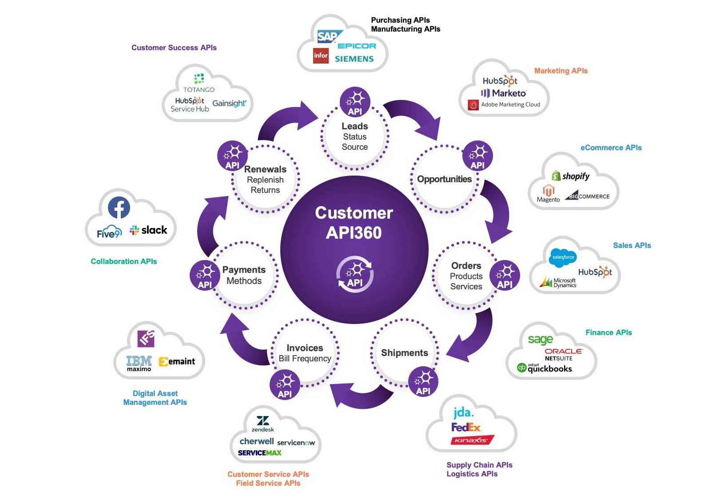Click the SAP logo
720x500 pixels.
(x=328, y=36)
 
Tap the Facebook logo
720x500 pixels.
(x=119, y=208)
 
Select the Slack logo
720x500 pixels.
(x=148, y=230)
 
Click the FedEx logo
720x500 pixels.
(x=466, y=428)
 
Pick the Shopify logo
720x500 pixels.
(x=571, y=176)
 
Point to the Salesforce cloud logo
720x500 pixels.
(x=562, y=257)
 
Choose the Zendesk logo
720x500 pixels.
(x=263, y=424)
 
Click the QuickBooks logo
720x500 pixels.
(x=545, y=368)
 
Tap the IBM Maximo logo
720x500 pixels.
(x=139, y=363)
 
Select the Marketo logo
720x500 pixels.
(x=504, y=93)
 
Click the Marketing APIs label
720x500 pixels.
(x=561, y=71)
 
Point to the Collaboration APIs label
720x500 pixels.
(x=124, y=261)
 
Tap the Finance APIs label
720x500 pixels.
(x=609, y=332)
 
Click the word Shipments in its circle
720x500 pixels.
(x=404, y=353)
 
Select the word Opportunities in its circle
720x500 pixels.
(x=444, y=179)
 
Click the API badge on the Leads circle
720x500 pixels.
(x=355, y=102)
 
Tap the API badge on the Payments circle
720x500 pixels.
(x=205, y=276)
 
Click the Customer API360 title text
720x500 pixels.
(x=354, y=223)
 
